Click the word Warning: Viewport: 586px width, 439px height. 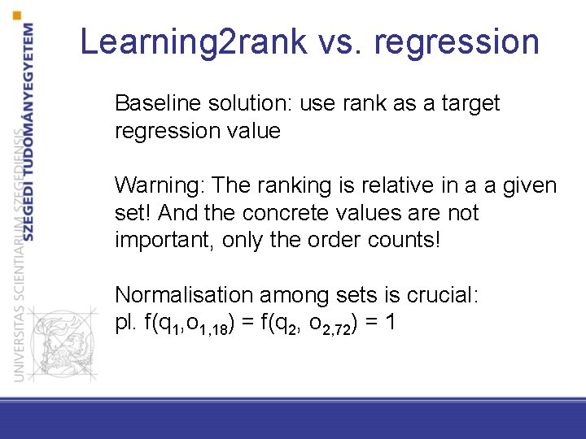(x=160, y=186)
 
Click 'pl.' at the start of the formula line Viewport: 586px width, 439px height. (x=126, y=323)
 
